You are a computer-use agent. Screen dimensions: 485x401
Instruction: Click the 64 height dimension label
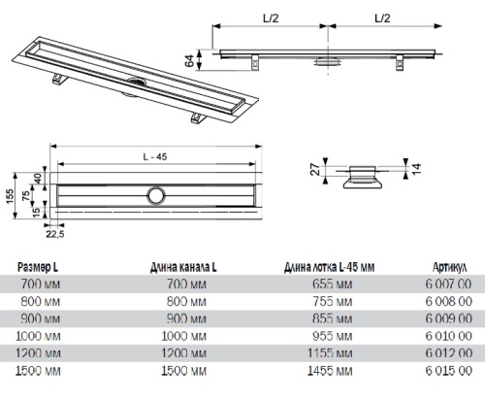(189, 60)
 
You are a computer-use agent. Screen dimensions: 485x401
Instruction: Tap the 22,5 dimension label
(55, 234)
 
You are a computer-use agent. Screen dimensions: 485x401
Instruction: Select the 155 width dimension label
(10, 196)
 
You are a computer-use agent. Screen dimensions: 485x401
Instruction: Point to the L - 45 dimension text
(155, 157)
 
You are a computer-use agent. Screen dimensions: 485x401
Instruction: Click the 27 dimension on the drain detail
(315, 170)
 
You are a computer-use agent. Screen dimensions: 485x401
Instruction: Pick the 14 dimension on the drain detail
(417, 169)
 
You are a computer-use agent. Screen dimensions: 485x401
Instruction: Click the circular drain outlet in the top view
(156, 195)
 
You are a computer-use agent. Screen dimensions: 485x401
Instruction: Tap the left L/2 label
(271, 18)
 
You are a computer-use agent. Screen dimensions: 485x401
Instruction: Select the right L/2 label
(382, 18)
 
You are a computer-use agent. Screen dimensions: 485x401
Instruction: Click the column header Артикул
(449, 267)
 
